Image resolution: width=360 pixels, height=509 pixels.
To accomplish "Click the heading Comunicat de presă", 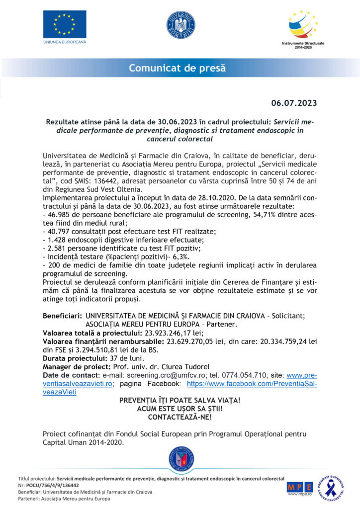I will pyautogui.click(x=178, y=68).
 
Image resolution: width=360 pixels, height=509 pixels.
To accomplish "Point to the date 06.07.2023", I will pyautogui.click(x=293, y=103).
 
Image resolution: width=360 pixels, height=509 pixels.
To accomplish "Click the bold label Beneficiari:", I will pyautogui.click(x=62, y=316).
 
